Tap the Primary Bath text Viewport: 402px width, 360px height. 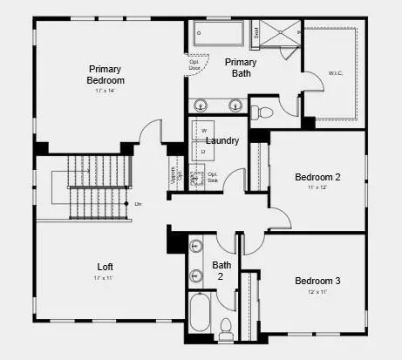pos(241,68)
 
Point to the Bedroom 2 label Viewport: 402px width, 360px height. pos(317,177)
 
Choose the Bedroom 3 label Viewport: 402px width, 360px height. pos(317,281)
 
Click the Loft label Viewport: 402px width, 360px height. pos(104,267)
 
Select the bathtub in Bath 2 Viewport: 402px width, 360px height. pos(199,313)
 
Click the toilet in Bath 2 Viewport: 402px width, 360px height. pos(226,329)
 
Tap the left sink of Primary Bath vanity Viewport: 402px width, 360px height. pos(201,105)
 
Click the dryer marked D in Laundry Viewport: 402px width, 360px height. pos(204,153)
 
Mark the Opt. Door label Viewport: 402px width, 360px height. pos(194,65)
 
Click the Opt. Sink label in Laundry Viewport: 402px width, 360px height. pos(213,177)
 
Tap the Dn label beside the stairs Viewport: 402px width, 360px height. pos(138,203)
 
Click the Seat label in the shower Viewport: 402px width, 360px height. pos(256,35)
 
